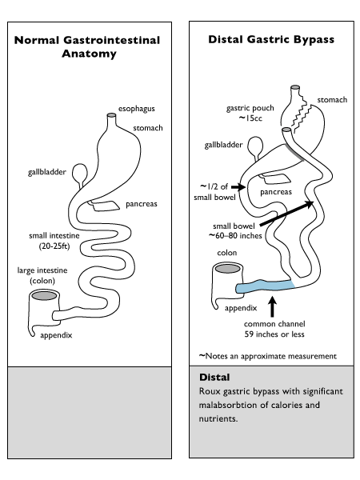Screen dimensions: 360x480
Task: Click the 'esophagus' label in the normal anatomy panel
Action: tap(137, 109)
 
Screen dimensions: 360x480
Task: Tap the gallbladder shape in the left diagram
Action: tap(79, 174)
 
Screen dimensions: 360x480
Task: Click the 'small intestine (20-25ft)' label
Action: tap(54, 241)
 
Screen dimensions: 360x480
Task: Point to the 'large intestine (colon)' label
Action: tap(42, 275)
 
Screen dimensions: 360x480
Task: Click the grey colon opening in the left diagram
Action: tap(45, 296)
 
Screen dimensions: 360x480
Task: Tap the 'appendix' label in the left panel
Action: tap(56, 335)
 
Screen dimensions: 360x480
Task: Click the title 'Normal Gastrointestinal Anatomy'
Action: tap(87, 46)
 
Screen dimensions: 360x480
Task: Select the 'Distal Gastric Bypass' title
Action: tap(271, 39)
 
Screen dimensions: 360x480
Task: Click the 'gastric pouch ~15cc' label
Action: tap(250, 113)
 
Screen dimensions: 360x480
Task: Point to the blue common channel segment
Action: tap(265, 286)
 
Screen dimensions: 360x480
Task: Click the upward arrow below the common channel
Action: tap(273, 306)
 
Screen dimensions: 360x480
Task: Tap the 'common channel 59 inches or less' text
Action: tap(274, 329)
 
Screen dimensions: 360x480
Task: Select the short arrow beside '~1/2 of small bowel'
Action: tap(238, 186)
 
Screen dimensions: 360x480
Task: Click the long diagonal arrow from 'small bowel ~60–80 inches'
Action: tap(286, 214)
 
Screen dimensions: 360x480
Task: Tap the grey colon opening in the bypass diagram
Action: tap(227, 269)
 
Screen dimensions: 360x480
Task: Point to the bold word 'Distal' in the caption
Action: tap(214, 377)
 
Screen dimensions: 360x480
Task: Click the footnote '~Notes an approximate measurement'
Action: tap(268, 356)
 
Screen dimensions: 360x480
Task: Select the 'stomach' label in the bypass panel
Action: tap(332, 100)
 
